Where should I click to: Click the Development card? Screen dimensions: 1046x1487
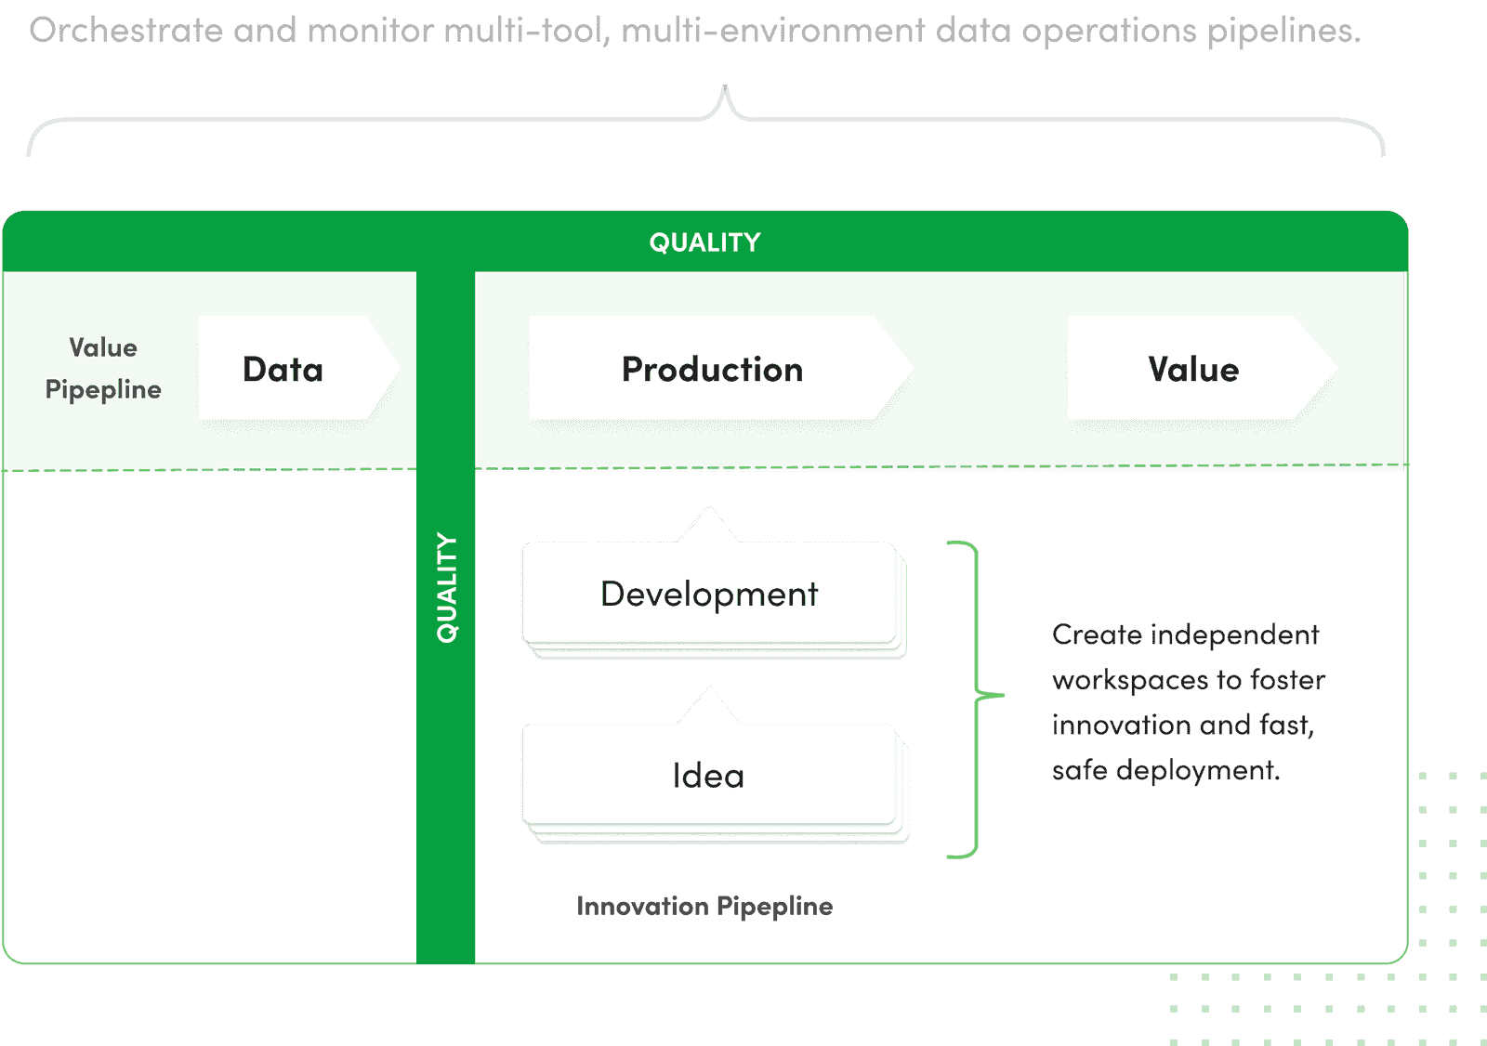(x=709, y=595)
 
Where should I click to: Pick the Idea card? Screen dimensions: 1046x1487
(x=709, y=776)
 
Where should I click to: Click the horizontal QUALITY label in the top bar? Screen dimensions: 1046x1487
(x=704, y=242)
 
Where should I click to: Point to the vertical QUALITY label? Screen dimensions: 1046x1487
(x=447, y=587)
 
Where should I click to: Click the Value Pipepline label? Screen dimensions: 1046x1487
(x=103, y=369)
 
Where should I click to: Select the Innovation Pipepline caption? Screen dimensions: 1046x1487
(x=704, y=906)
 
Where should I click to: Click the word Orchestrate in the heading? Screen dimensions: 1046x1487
(x=125, y=31)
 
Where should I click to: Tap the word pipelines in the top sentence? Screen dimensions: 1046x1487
(x=1283, y=31)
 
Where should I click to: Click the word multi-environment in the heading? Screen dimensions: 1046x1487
(x=773, y=31)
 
